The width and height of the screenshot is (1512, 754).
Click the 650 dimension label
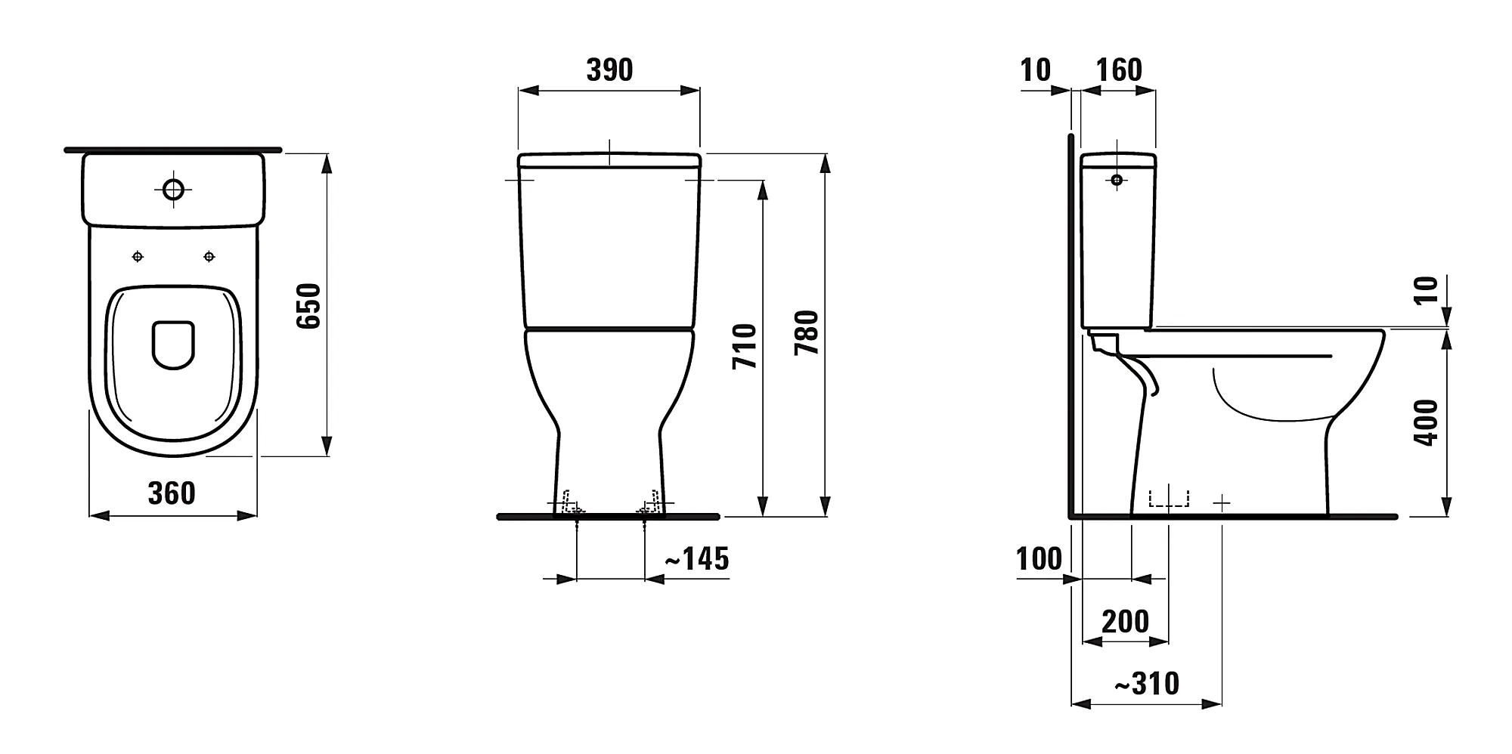(x=308, y=306)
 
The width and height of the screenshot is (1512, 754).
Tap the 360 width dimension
(x=172, y=493)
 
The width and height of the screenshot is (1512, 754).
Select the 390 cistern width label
(x=609, y=70)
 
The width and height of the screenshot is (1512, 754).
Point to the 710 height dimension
(x=745, y=346)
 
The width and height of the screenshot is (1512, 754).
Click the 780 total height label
(x=807, y=332)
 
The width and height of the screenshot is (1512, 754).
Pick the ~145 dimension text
(x=696, y=559)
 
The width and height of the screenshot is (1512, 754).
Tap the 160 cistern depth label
(x=1119, y=70)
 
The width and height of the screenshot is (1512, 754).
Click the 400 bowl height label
(x=1426, y=422)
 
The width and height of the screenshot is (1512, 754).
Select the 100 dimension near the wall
(x=1039, y=559)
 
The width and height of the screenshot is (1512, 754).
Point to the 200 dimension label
(x=1125, y=622)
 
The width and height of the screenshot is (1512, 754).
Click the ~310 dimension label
(x=1147, y=684)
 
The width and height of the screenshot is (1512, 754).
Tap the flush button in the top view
(x=173, y=189)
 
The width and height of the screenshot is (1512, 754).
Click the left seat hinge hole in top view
(x=138, y=257)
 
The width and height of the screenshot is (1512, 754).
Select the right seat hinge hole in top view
(x=209, y=257)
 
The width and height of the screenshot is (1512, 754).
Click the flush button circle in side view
(x=1117, y=180)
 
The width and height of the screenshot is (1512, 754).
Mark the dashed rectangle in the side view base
(x=1168, y=499)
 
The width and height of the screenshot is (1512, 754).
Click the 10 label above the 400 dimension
(x=1426, y=289)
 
